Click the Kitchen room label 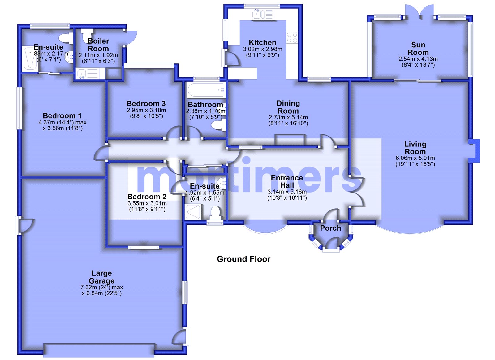click(x=262, y=43)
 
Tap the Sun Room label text click(x=418, y=49)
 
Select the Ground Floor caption click(x=243, y=259)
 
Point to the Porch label click(x=330, y=228)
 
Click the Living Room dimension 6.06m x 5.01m click(x=415, y=158)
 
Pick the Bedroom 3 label click(x=146, y=104)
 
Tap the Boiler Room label click(x=98, y=45)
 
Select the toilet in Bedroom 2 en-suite click(x=215, y=213)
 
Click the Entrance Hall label click(x=287, y=182)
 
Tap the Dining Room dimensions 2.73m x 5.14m click(x=288, y=118)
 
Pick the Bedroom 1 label click(x=62, y=116)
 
